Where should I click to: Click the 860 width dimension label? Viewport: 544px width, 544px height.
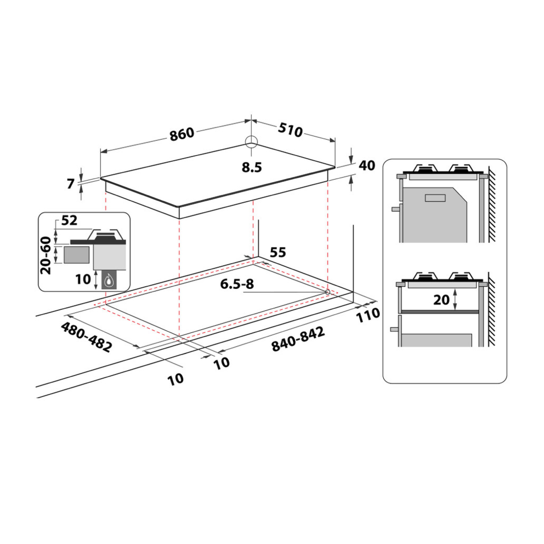pos(182,134)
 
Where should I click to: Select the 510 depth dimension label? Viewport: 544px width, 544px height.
pos(290,131)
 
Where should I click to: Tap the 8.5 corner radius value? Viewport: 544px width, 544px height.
pos(252,168)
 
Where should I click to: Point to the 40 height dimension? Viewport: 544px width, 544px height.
pos(367,165)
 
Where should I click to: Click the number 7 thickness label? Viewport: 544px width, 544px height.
pos(70,184)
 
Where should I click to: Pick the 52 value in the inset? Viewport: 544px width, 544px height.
pos(69,220)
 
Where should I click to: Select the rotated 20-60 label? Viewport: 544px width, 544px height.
pos(46,255)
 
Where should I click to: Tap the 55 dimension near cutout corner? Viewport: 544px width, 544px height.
pos(278,252)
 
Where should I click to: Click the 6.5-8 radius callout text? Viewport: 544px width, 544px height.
pos(237,284)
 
